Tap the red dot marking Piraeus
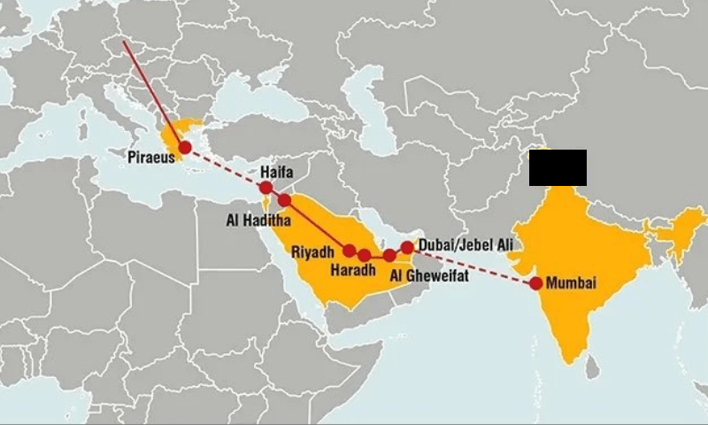pyautogui.click(x=185, y=150)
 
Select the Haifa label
pyautogui.click(x=276, y=171)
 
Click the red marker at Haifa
pyautogui.click(x=265, y=188)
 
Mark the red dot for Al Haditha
pyautogui.click(x=284, y=200)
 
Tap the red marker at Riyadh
pyautogui.click(x=350, y=250)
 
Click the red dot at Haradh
pyautogui.click(x=365, y=255)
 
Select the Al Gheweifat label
pyautogui.click(x=428, y=276)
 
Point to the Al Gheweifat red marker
pyautogui.click(x=389, y=255)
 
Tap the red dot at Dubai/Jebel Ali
pyautogui.click(x=407, y=247)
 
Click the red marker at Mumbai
pyautogui.click(x=535, y=283)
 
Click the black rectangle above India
pyautogui.click(x=558, y=168)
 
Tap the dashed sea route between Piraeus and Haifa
pyautogui.click(x=226, y=169)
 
